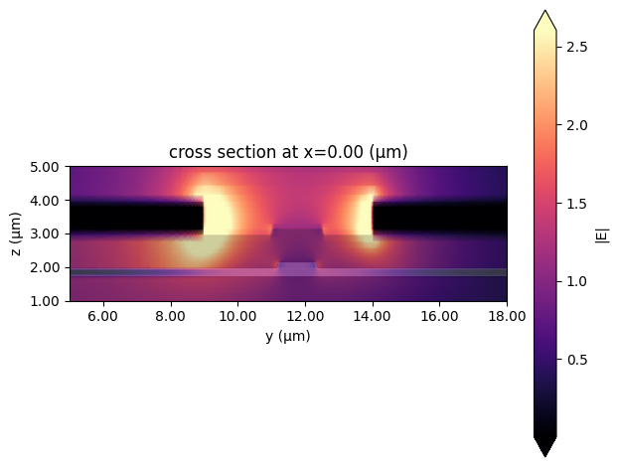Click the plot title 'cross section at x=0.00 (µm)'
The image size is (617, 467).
(288, 152)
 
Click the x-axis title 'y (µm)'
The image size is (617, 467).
(288, 336)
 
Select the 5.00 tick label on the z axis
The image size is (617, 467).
(48, 167)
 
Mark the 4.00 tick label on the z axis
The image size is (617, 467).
(48, 201)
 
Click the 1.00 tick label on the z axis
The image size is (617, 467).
(48, 301)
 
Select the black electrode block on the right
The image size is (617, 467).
(439, 218)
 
